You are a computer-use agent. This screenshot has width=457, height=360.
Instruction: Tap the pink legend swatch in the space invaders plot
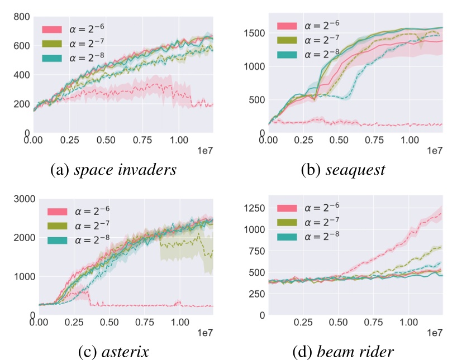point(54,30)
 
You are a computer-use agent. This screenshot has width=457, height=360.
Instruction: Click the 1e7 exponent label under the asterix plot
point(204,333)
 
